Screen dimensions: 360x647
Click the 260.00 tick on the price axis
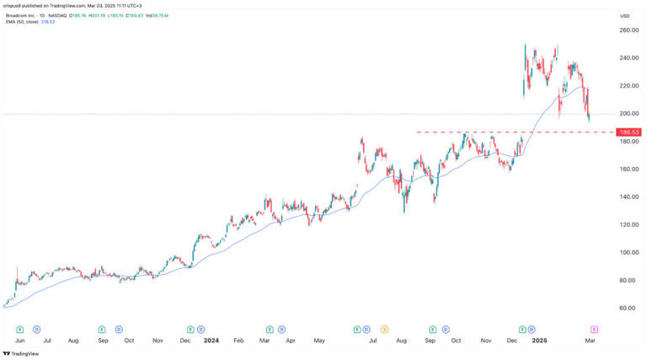click(x=625, y=30)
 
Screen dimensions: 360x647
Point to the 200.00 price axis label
click(x=625, y=114)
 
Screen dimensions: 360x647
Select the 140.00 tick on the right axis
click(x=625, y=197)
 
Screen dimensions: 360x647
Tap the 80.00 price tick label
click(x=625, y=280)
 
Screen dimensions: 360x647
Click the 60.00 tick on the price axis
click(x=625, y=308)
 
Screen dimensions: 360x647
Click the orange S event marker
click(x=384, y=329)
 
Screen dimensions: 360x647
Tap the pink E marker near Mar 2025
click(x=595, y=329)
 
